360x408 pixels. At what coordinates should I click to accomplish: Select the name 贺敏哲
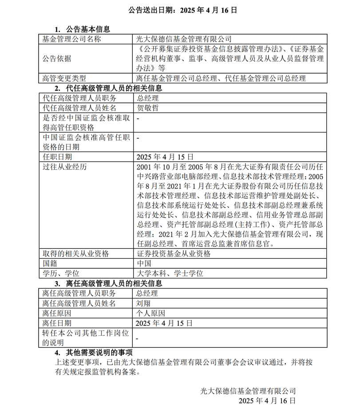(148, 108)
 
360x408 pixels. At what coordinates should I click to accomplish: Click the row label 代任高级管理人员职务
(79, 98)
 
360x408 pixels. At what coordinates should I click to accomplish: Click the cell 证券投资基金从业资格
(174, 254)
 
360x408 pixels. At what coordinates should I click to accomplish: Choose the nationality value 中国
(144, 263)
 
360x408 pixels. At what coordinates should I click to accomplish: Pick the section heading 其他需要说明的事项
(99, 353)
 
